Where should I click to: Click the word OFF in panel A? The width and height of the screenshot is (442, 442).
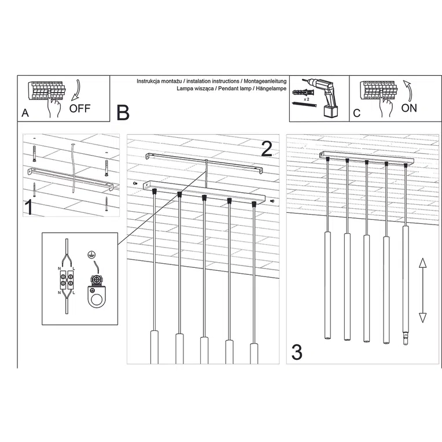[x=80, y=108]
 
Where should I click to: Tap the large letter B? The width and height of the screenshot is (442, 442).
[x=123, y=112]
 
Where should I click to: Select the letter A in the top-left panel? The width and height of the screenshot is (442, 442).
[x=24, y=113]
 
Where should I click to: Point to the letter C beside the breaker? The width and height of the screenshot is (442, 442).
[x=356, y=113]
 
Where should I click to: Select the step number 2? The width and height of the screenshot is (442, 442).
[x=266, y=149]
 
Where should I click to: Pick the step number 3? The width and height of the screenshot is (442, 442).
[x=297, y=352]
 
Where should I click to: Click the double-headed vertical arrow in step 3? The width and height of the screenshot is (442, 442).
[x=422, y=290]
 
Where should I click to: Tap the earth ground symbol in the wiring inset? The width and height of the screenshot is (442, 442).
[x=90, y=255]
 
